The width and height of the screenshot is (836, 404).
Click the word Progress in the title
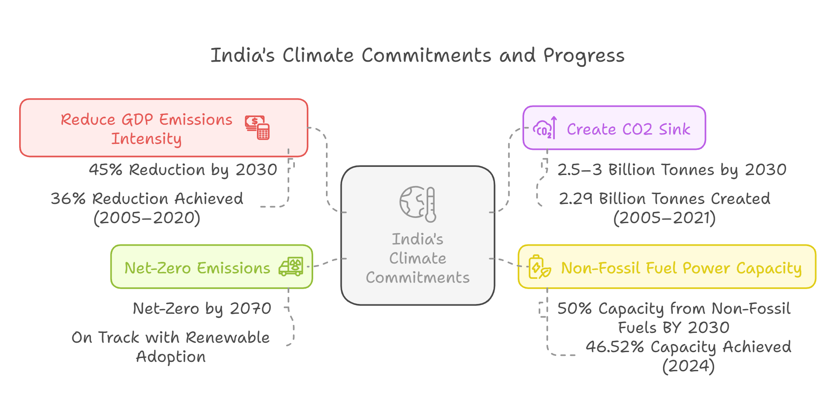pyautogui.click(x=584, y=56)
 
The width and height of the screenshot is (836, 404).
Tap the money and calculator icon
pyautogui.click(x=257, y=127)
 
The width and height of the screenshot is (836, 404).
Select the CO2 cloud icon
pyautogui.click(x=545, y=128)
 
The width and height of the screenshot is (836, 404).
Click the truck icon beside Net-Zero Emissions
pyautogui.click(x=291, y=267)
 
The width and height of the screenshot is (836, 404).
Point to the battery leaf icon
pyautogui.click(x=539, y=267)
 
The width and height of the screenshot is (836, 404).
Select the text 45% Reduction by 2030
pyautogui.click(x=183, y=169)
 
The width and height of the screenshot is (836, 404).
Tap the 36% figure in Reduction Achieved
pyautogui.click(x=68, y=198)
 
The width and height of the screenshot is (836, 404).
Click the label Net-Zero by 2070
pyautogui.click(x=202, y=308)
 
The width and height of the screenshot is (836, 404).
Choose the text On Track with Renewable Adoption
pyautogui.click(x=170, y=347)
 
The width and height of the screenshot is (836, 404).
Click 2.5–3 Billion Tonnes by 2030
pyautogui.click(x=672, y=169)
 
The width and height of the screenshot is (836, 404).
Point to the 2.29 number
pyautogui.click(x=575, y=198)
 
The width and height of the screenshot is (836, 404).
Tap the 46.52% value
pyautogui.click(x=614, y=347)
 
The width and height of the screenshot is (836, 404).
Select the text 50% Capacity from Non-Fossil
pyautogui.click(x=674, y=308)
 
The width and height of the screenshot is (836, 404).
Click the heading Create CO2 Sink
pyautogui.click(x=628, y=129)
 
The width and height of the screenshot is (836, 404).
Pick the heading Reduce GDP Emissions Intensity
pyautogui.click(x=146, y=129)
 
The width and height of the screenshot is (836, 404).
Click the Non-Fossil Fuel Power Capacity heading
pyautogui.click(x=681, y=268)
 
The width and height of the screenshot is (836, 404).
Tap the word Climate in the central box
pyautogui.click(x=418, y=258)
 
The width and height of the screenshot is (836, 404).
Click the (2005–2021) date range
pyautogui.click(x=664, y=218)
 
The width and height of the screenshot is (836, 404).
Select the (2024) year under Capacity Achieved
pyautogui.click(x=688, y=366)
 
